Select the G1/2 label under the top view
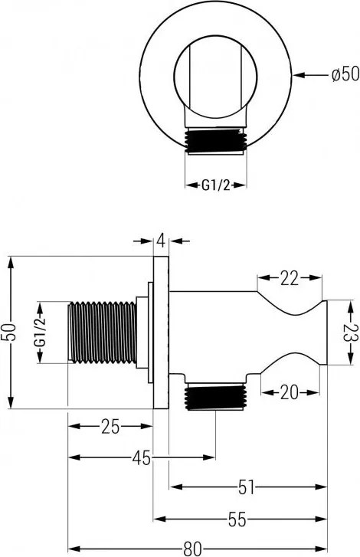click(x=217, y=184)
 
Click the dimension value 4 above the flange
click(x=161, y=241)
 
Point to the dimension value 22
click(x=289, y=279)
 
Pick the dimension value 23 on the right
click(x=349, y=334)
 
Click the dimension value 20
click(x=289, y=392)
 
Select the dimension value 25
click(x=110, y=427)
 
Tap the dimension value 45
click(x=141, y=458)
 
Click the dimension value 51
click(x=247, y=487)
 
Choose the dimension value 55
click(x=237, y=519)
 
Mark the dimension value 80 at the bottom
click(x=194, y=548)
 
